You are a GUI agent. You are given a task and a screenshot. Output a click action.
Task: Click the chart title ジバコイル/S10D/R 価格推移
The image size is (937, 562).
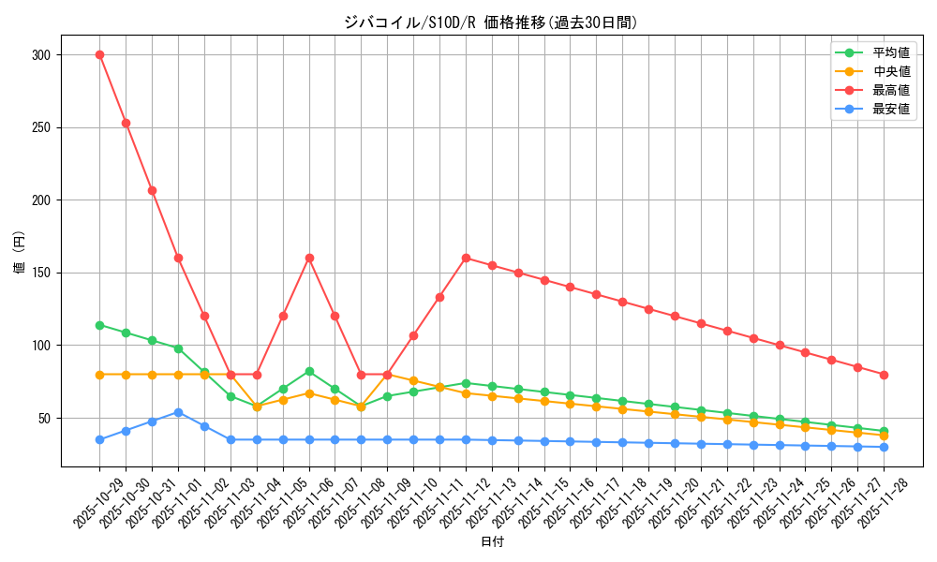pyautogui.click(x=491, y=22)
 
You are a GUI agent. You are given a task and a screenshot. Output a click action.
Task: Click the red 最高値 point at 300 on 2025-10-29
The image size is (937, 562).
pyautogui.click(x=99, y=54)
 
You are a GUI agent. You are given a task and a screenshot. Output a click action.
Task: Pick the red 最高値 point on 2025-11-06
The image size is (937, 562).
pyautogui.click(x=309, y=258)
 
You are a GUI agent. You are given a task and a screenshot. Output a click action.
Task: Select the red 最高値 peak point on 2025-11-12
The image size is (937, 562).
pyautogui.click(x=466, y=258)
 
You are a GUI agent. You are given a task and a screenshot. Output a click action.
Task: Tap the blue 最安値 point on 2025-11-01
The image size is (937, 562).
pyautogui.click(x=178, y=412)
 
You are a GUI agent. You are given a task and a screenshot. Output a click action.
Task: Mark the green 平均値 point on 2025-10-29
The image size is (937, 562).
pyautogui.click(x=99, y=325)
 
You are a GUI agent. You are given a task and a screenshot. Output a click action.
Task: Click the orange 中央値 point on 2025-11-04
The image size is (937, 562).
pyautogui.click(x=257, y=407)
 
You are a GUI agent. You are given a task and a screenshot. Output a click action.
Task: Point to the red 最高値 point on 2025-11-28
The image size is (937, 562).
pyautogui.click(x=884, y=375)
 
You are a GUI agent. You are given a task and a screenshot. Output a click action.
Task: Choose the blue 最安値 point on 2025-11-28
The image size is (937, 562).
pyautogui.click(x=884, y=447)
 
